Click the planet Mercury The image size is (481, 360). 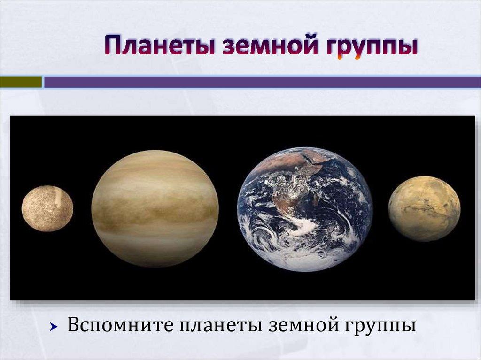47,208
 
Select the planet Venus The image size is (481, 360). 155,208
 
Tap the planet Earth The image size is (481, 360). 305,209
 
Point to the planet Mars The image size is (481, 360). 424,208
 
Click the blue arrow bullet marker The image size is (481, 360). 54,326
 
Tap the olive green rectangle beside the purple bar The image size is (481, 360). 21,82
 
